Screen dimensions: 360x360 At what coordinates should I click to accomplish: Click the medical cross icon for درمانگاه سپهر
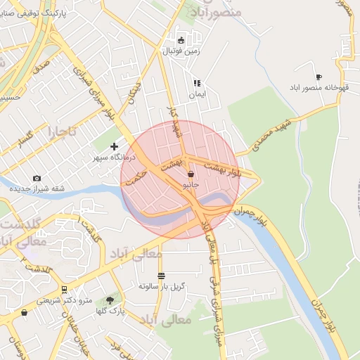(x=115, y=146)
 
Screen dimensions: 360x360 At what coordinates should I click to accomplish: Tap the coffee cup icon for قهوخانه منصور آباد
(x=319, y=77)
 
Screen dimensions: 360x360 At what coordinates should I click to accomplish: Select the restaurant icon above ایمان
(x=197, y=83)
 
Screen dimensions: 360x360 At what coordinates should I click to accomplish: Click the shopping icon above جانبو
(x=191, y=174)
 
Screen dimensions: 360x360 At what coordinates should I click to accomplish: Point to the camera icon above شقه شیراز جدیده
(x=37, y=178)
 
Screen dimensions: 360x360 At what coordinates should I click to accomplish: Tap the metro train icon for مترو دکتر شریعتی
(x=64, y=290)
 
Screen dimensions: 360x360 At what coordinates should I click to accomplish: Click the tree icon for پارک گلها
(x=110, y=300)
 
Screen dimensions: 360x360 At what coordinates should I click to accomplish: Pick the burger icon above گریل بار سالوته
(x=162, y=276)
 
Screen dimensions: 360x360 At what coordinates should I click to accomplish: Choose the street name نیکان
(x=131, y=96)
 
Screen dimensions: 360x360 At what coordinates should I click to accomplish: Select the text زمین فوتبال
(x=182, y=51)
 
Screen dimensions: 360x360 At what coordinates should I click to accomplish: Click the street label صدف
(x=41, y=69)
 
